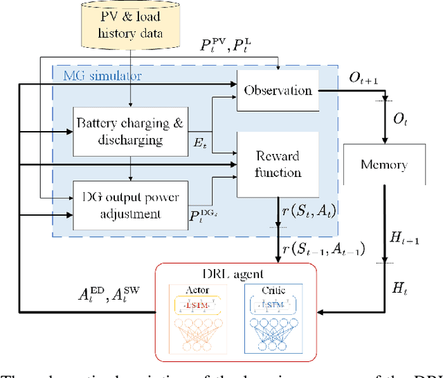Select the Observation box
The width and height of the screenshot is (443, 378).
(x=278, y=91)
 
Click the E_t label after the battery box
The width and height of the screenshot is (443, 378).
(x=202, y=146)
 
